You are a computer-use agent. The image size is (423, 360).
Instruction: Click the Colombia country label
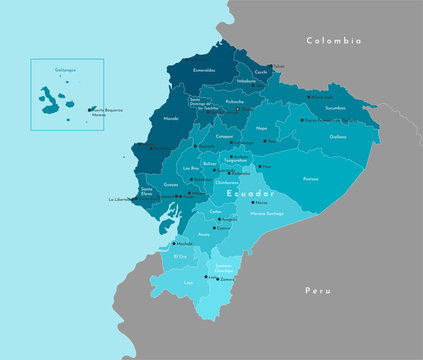(333, 41)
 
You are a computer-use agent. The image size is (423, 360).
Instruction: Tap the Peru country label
(318, 290)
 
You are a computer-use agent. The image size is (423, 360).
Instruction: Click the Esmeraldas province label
(204, 71)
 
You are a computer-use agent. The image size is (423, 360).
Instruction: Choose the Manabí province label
(170, 117)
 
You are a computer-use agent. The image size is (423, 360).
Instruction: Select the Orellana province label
(337, 137)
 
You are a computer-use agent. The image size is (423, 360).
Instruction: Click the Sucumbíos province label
(335, 107)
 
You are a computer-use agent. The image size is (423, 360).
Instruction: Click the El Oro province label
(180, 257)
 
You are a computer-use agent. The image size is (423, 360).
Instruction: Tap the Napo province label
(262, 129)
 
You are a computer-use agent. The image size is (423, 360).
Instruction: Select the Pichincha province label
(234, 101)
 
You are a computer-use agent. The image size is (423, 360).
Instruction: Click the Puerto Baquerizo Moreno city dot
(90, 109)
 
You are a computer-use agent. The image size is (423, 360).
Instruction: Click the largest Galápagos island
(48, 97)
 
